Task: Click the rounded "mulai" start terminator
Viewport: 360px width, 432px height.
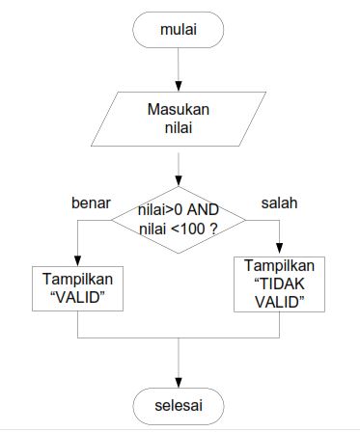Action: tap(180, 30)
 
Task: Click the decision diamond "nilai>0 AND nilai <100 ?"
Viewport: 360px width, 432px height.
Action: tap(180, 219)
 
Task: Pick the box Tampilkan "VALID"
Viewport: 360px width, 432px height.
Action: tap(76, 288)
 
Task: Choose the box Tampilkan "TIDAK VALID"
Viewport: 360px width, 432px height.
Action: tap(280, 283)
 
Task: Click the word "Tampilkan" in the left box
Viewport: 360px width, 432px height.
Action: tap(76, 280)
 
